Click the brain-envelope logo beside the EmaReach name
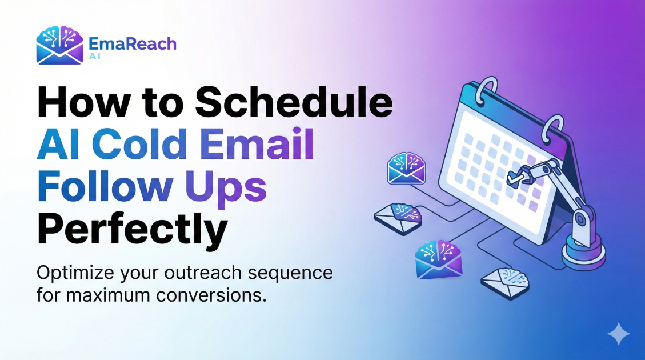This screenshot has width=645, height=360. [59, 45]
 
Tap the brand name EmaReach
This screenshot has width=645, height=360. [133, 43]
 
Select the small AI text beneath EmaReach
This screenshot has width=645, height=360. [95, 57]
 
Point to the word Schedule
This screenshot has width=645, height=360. [294, 102]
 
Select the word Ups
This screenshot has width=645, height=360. [226, 189]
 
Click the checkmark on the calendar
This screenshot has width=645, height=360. [513, 178]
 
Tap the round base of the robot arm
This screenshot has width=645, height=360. [583, 252]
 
